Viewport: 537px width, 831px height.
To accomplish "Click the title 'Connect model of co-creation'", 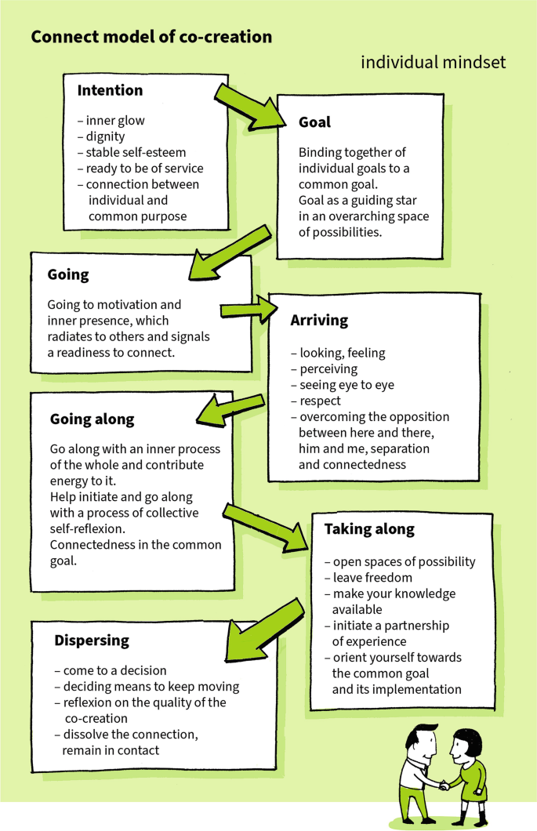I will point(151,37).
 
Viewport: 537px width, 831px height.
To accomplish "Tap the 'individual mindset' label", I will point(433,62).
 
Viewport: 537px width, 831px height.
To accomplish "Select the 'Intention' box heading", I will point(110,90).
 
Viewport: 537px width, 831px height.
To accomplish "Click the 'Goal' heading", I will point(314,122).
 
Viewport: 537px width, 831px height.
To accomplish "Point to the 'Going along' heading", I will point(92,419).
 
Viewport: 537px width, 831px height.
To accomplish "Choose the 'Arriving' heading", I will point(319,321).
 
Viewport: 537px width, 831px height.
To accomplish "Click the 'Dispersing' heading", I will point(91,640).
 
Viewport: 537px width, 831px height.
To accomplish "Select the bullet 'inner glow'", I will point(115,121).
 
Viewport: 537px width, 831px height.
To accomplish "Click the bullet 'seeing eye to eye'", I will point(347,384).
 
